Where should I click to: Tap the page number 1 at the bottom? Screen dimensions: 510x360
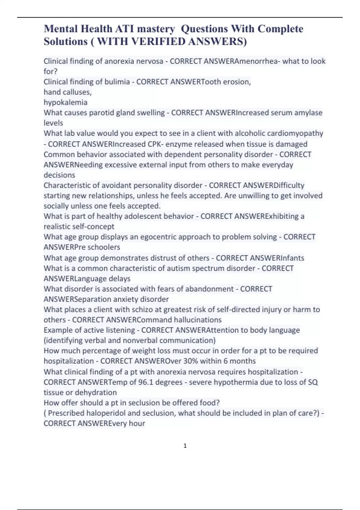click(185, 446)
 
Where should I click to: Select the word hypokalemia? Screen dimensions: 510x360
click(65, 102)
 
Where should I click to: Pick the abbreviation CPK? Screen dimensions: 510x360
click(155, 144)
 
